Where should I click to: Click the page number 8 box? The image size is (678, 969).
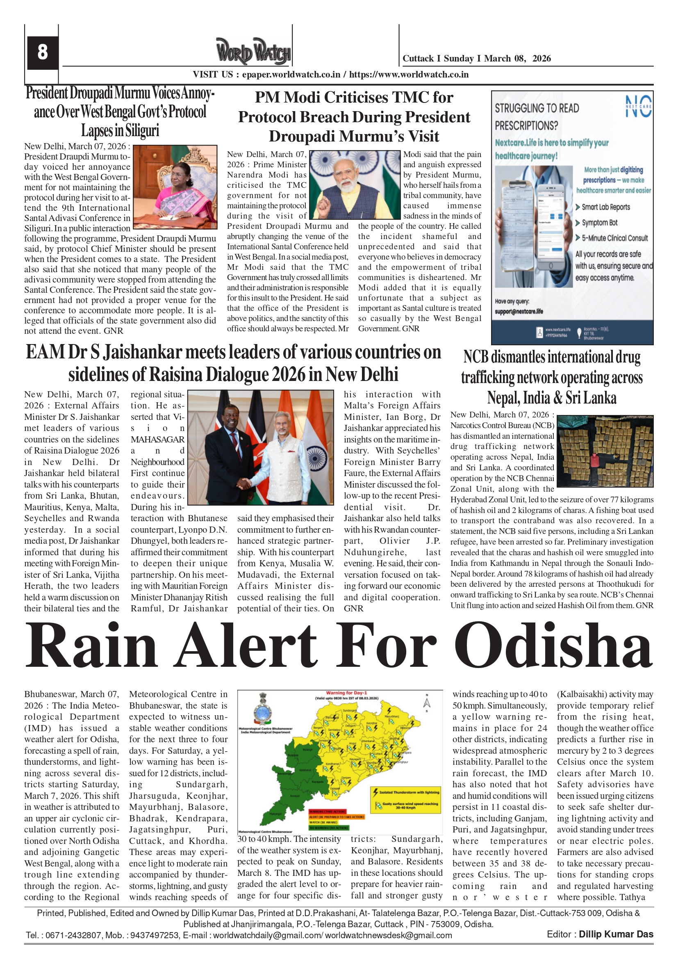click(x=42, y=52)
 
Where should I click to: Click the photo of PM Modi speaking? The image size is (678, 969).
click(x=355, y=185)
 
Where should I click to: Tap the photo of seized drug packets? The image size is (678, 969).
click(x=605, y=451)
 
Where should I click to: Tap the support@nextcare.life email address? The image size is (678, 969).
click(x=519, y=312)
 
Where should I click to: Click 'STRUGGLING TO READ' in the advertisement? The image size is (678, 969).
click(x=537, y=108)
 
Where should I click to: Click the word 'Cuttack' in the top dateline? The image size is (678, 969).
click(x=418, y=59)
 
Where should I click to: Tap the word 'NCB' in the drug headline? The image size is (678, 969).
click(x=476, y=357)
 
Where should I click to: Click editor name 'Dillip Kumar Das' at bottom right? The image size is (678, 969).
click(x=616, y=935)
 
